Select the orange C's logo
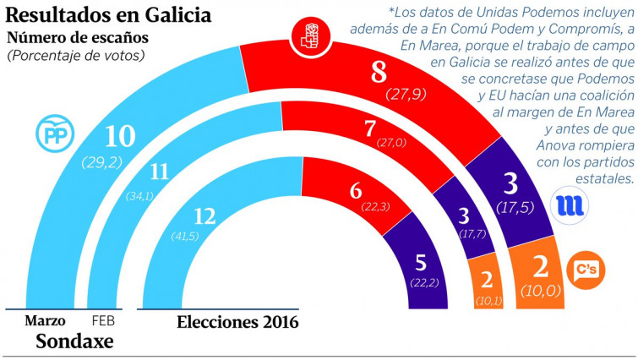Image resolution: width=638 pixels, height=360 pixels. (x=584, y=270)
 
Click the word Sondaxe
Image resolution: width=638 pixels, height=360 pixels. (x=74, y=342)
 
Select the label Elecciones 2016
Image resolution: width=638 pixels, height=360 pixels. (x=237, y=321)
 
